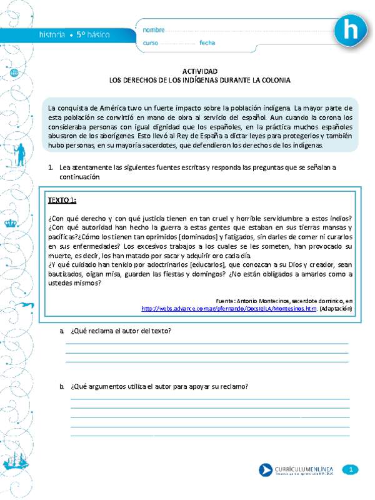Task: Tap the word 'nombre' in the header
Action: pyautogui.click(x=154, y=30)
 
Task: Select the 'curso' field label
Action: pyautogui.click(x=151, y=42)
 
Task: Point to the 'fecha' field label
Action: pyautogui.click(x=207, y=42)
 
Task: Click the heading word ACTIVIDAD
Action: pyautogui.click(x=200, y=72)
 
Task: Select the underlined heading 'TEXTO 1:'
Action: pyautogui.click(x=62, y=200)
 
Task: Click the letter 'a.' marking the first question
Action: pyautogui.click(x=62, y=330)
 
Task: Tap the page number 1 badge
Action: pyautogui.click(x=352, y=469)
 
